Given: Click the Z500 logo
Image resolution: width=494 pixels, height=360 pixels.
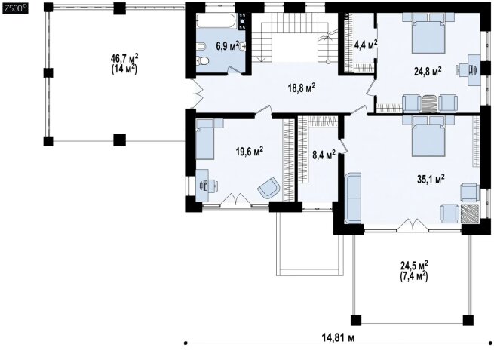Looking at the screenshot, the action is tap(15, 9).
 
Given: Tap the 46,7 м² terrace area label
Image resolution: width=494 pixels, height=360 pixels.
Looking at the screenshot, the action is tap(124, 58).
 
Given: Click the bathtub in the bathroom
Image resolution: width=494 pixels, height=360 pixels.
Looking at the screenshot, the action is tap(216, 21).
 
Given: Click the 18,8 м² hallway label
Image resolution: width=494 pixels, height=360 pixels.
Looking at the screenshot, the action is tap(302, 88).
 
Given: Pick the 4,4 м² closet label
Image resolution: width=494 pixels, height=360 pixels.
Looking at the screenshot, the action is tap(366, 45).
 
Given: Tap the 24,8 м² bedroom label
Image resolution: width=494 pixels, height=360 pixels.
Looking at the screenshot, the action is tap(428, 71).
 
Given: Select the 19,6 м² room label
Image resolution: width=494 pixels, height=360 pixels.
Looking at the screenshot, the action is tap(250, 152).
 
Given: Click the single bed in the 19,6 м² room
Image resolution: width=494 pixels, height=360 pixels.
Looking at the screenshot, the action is tap(205, 139).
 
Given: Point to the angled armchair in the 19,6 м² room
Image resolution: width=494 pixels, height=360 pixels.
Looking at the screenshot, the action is tap(268, 188).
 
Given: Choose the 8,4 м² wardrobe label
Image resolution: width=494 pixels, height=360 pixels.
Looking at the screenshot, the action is tap(324, 155).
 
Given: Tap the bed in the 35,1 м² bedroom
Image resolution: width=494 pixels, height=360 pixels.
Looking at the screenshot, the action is tap(428, 136).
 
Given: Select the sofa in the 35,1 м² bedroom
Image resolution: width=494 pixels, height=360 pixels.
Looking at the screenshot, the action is tap(353, 198).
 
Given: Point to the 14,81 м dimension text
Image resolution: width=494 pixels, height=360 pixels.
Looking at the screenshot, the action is tap(338, 338).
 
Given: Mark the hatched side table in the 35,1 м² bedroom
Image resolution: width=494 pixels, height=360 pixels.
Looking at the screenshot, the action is tap(470, 214).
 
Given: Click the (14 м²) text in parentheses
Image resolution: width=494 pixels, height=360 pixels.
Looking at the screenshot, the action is tap(124, 69).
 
